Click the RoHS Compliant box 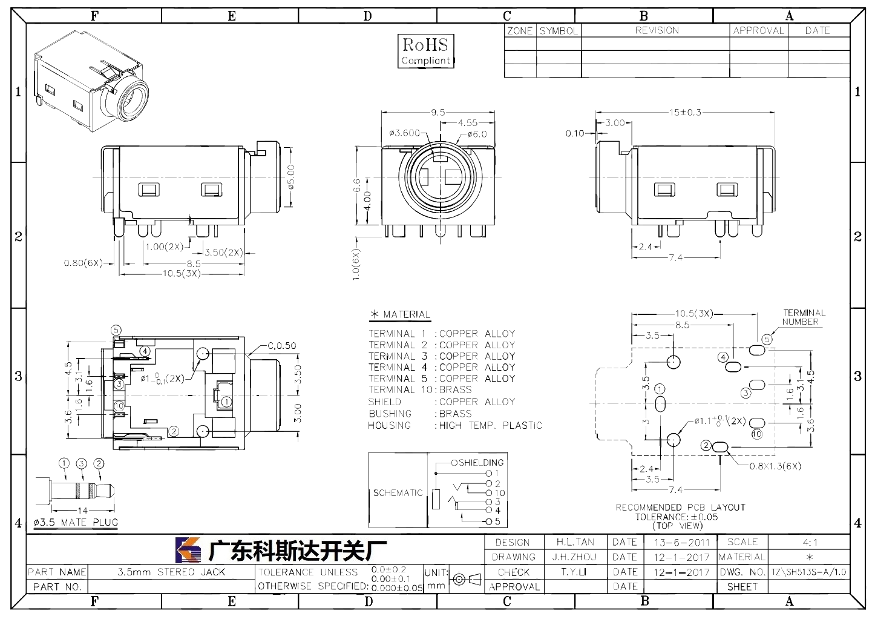(x=426, y=51)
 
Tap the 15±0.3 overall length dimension (x=685, y=113)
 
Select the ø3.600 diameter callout (x=404, y=133)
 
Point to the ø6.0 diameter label (x=477, y=134)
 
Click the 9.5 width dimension (x=438, y=113)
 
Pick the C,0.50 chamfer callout (x=281, y=346)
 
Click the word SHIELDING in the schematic (x=481, y=463)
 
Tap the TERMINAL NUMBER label (x=804, y=317)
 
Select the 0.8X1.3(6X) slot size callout (x=775, y=466)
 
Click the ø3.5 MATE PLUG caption (x=76, y=523)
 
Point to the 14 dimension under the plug (x=82, y=511)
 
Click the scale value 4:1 (x=810, y=542)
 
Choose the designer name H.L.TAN (x=575, y=542)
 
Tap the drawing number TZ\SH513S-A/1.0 (x=808, y=572)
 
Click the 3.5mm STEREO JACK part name (x=171, y=572)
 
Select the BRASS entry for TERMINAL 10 (x=456, y=389)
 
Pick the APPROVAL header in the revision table (x=758, y=30)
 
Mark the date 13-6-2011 (x=681, y=542)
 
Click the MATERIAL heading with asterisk (x=400, y=314)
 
